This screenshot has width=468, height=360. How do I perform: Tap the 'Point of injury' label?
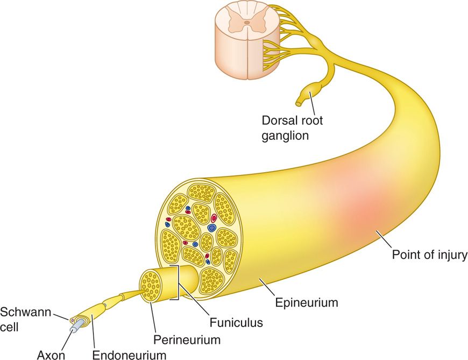tap(429, 254)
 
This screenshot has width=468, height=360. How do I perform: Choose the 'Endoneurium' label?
tap(129, 354)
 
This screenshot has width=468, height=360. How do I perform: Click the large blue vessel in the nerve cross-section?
tap(212, 228)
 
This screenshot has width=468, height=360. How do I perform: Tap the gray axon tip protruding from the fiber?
tap(79, 324)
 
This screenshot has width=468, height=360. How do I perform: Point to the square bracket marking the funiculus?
tap(176, 282)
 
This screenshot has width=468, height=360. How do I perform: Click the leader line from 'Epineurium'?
tap(266, 288)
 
